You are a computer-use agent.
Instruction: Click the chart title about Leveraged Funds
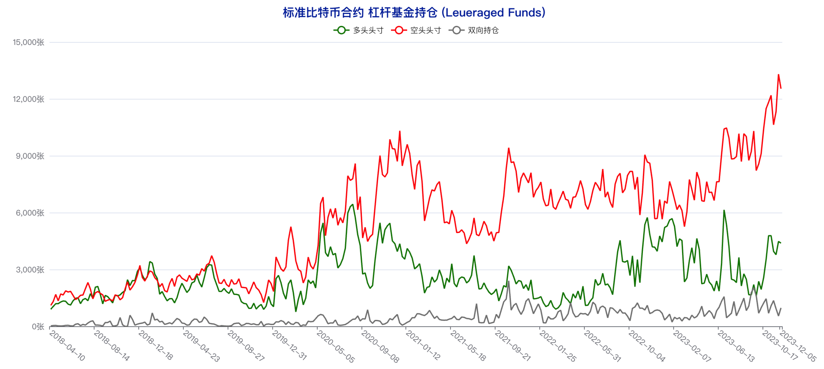pos(414,13)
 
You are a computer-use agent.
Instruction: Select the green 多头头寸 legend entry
pos(358,31)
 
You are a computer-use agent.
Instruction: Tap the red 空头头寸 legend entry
pos(416,31)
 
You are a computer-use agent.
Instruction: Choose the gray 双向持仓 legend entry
pos(473,31)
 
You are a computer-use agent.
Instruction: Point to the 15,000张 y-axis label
pos(29,42)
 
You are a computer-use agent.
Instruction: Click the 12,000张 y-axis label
pos(29,99)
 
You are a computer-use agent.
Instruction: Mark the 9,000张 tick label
pos(30,156)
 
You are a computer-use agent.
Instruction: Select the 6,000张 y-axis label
pos(30,213)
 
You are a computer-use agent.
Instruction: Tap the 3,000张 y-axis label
pos(30,270)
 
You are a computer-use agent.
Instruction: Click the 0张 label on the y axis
pos(38,327)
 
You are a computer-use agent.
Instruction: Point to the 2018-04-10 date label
pos(67,345)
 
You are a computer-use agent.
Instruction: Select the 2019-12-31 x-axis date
pos(289,345)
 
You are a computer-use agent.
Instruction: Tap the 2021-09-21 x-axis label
pos(512,345)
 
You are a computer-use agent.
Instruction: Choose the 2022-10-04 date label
pos(647,346)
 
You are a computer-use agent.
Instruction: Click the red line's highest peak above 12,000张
pos(778,75)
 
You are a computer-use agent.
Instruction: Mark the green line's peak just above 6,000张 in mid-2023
pos(724,210)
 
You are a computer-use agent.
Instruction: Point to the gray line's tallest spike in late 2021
pos(509,281)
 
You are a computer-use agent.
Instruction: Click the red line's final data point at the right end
pos(781,88)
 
